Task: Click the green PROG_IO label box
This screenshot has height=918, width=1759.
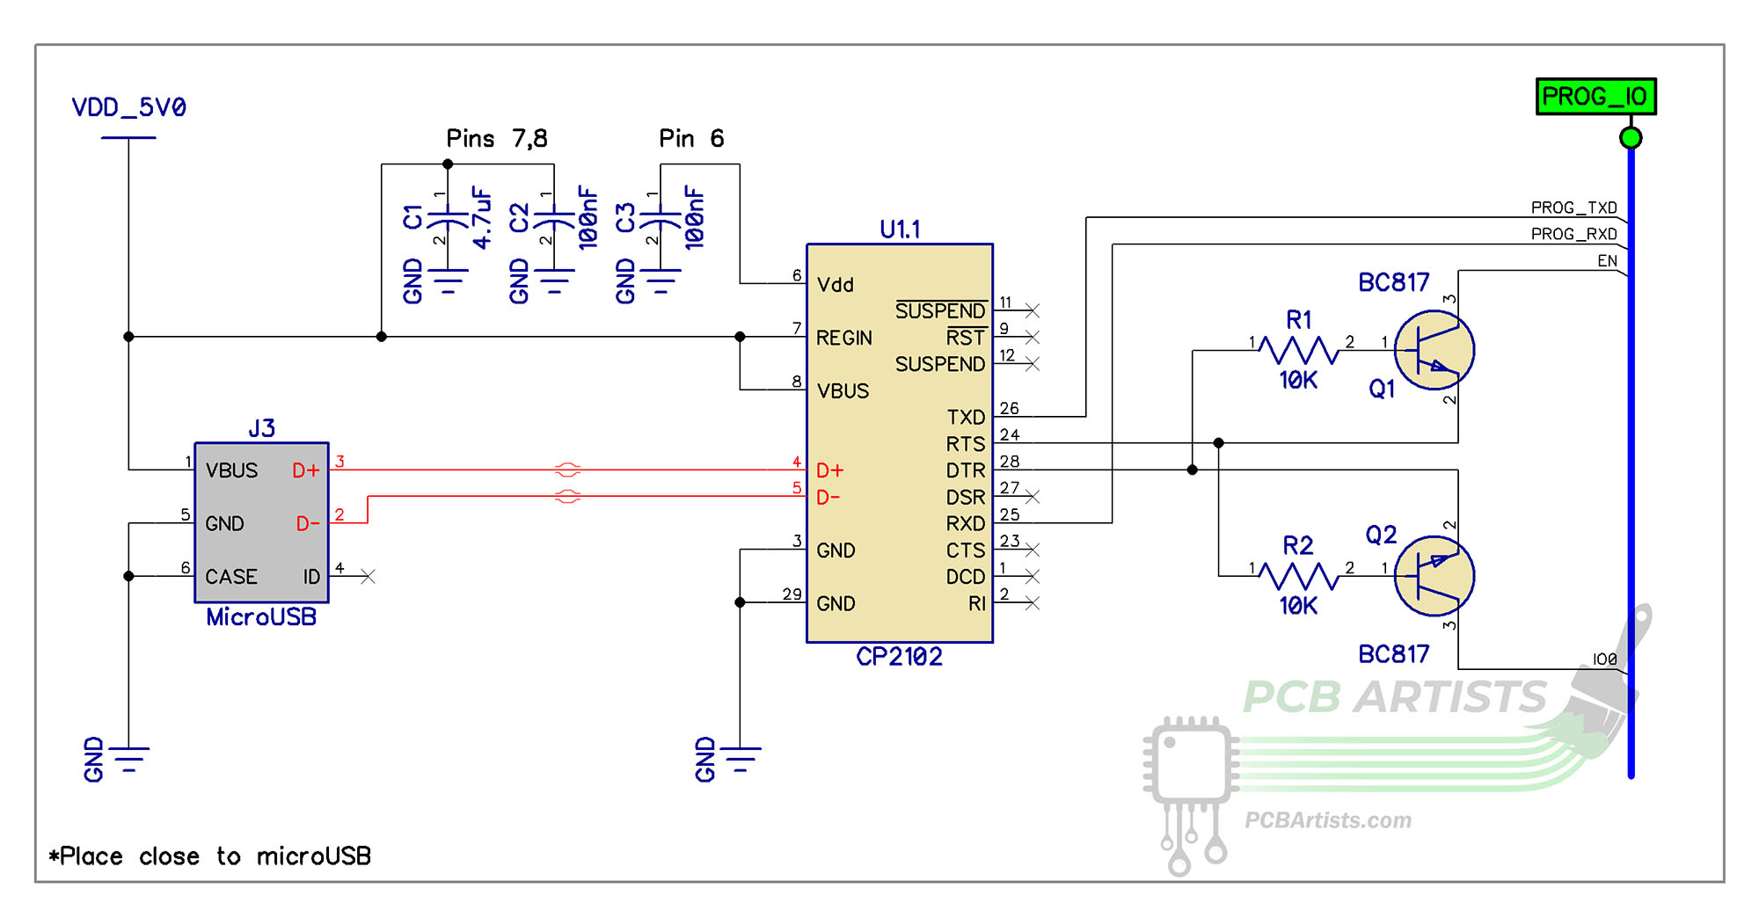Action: [1595, 97]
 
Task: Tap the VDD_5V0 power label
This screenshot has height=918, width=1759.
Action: [128, 108]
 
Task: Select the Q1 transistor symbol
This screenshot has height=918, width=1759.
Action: [1434, 350]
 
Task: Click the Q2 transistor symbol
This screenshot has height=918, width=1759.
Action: [1434, 576]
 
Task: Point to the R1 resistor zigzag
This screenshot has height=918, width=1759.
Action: [1298, 350]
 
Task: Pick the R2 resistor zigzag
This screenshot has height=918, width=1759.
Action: [1298, 576]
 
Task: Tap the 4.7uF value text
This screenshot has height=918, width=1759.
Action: [481, 218]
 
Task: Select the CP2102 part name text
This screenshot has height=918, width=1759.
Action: [899, 657]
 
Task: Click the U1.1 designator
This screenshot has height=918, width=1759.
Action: [900, 229]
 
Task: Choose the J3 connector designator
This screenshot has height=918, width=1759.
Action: [261, 428]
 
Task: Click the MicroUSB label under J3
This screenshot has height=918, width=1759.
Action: [261, 617]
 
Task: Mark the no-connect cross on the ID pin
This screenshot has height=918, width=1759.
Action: [368, 577]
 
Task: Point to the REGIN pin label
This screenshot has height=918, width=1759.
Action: [843, 338]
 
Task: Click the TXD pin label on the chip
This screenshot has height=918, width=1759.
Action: [965, 417]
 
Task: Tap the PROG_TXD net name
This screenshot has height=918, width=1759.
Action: [1573, 208]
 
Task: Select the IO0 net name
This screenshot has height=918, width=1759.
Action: [1604, 659]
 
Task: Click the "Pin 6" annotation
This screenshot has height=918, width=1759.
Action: [691, 139]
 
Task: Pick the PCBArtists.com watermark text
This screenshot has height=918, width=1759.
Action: [1327, 820]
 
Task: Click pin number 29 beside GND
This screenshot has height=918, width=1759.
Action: [792, 594]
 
